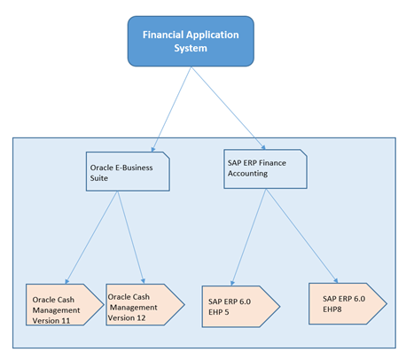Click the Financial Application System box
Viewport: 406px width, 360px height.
coord(191,42)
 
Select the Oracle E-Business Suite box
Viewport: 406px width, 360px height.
coord(128,171)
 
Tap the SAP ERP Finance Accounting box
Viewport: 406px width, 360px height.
coord(265,169)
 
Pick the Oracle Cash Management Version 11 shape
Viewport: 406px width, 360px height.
coord(65,305)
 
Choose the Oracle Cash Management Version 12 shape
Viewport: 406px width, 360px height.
coord(145,305)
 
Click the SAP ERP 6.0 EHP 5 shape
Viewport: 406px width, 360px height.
coord(241,307)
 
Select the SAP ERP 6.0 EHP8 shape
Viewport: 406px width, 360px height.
coord(347,304)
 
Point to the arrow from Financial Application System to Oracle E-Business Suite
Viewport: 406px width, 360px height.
coord(171,109)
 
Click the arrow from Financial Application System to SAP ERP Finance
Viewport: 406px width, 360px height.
coord(229,108)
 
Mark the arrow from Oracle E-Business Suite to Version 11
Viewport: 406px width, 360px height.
coord(91,238)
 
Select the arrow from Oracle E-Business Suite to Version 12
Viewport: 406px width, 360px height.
coord(131,238)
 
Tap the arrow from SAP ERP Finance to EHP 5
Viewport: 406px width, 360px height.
coord(248,238)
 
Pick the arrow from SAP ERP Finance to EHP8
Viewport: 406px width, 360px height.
coord(301,236)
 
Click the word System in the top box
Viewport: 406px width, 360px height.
coord(191,48)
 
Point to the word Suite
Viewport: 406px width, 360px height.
coord(99,178)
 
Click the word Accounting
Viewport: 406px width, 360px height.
coord(247,174)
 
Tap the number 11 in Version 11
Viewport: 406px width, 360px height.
coord(66,321)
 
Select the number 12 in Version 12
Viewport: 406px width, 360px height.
coord(141,318)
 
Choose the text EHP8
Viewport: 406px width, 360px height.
coord(332,309)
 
